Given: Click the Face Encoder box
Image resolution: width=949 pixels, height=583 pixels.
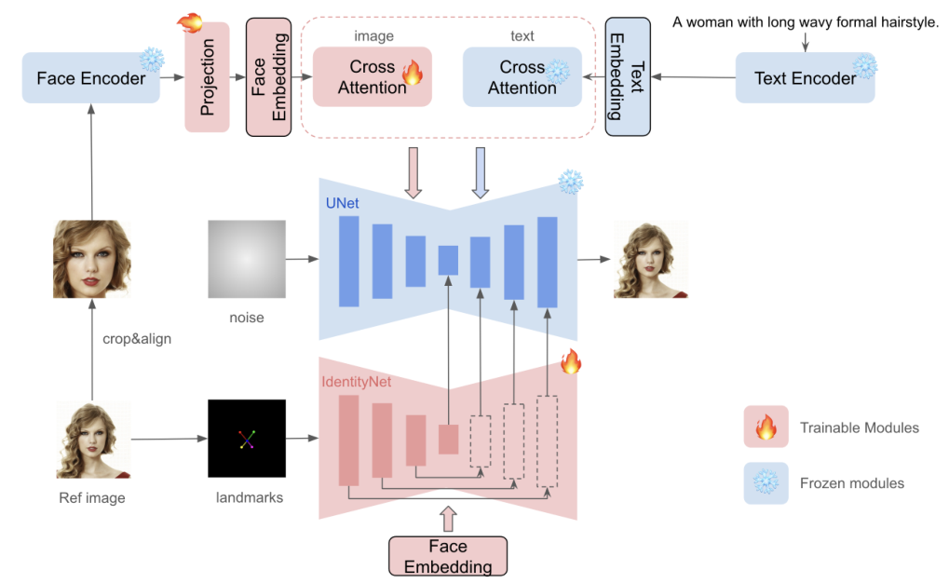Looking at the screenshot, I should [91, 78].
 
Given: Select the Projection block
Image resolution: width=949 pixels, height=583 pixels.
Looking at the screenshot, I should [207, 78].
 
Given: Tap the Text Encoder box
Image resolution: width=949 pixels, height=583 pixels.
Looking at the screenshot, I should [805, 78].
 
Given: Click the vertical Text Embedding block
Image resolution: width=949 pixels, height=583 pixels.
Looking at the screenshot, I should [627, 76].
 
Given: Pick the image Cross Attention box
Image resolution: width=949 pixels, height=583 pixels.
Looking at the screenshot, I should [373, 76].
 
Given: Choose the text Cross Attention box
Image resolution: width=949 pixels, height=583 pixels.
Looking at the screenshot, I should [522, 76].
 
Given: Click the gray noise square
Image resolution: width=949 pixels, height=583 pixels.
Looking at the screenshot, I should [247, 258].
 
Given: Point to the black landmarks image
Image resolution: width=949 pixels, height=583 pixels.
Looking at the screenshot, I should [247, 438].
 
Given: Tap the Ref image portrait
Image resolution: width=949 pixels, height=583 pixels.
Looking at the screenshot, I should [93, 442].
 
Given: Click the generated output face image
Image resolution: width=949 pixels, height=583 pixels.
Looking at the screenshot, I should [651, 258].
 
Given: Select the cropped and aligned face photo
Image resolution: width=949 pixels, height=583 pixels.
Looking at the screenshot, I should [91, 258].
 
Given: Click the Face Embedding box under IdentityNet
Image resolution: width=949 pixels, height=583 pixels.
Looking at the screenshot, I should [447, 556].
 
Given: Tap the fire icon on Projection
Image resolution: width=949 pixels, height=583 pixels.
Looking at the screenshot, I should [191, 22].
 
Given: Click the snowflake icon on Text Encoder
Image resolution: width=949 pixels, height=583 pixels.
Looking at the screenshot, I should [865, 65].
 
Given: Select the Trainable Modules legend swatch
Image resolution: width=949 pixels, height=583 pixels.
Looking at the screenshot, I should [766, 428].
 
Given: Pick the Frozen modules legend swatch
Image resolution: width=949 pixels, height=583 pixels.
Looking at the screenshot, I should [766, 483].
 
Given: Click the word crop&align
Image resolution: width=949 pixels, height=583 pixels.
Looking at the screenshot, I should [137, 339].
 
